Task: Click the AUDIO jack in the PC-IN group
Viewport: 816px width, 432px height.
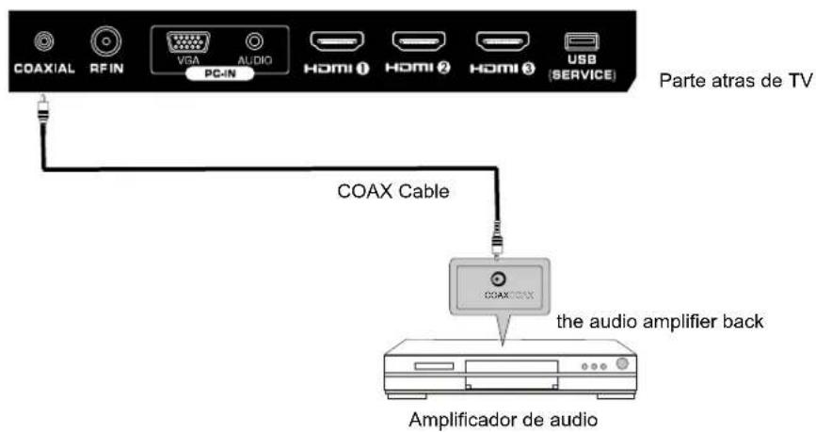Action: pos(252,42)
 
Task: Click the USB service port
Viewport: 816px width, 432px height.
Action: pos(576,41)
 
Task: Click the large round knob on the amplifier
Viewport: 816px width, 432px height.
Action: pos(621,365)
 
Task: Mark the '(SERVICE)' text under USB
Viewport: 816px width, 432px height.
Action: pos(576,75)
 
